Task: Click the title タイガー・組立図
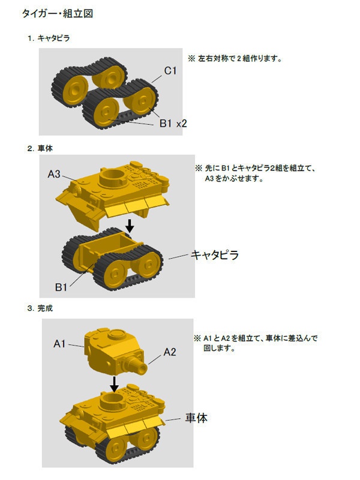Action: pos(58,13)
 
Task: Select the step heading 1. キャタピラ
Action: pos(49,38)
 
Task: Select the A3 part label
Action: pos(54,174)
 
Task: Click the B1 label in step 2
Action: pos(61,287)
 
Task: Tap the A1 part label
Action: pos(59,344)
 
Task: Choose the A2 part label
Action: pos(170,352)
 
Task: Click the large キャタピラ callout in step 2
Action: pos(215,255)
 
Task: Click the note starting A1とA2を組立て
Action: pos(256,343)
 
